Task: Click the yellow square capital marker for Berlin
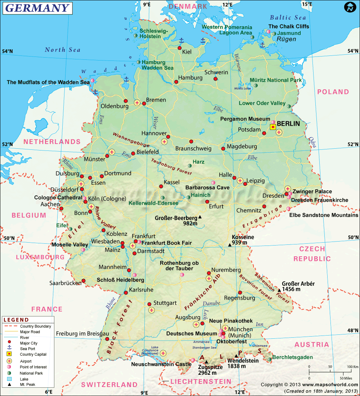coord(273,127)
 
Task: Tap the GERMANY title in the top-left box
coord(37,8)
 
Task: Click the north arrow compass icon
coord(350,7)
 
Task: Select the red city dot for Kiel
coord(180,48)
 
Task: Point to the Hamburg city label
coord(190,78)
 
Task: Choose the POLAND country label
coord(333,92)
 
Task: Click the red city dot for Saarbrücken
coord(84,281)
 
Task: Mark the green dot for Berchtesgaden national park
coord(269,359)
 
